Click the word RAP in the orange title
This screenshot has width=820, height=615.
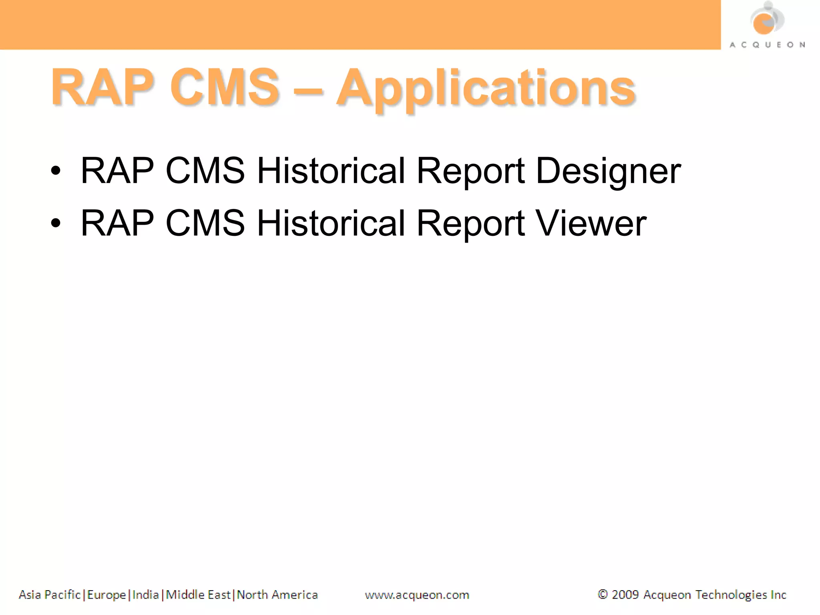(102, 87)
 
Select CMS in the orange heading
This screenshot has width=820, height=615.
(224, 87)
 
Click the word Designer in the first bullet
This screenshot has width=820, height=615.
(608, 171)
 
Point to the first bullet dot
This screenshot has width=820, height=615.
(56, 171)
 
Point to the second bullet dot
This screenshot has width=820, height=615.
(56, 223)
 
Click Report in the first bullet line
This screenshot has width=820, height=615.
(470, 171)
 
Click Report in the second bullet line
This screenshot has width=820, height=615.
(470, 223)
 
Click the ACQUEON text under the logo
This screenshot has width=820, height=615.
(767, 45)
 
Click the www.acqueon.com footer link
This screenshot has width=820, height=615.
(417, 595)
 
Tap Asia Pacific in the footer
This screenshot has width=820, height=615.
(50, 595)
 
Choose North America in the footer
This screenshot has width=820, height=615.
(277, 595)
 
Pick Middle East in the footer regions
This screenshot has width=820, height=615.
(198, 595)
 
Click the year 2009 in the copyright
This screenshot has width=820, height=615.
(625, 595)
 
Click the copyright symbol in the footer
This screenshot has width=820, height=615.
(602, 595)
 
